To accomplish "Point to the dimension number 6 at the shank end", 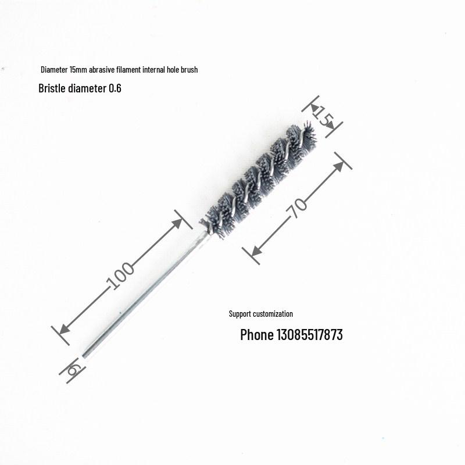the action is tap(74, 369).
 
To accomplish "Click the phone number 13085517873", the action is tap(309, 335).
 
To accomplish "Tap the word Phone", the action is tap(256, 335).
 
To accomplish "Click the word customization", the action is tap(270, 314).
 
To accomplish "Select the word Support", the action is tap(238, 314).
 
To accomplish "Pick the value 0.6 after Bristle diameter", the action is tap(115, 89).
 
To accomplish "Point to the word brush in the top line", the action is tap(189, 70).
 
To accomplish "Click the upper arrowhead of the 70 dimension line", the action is tap(339, 167).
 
